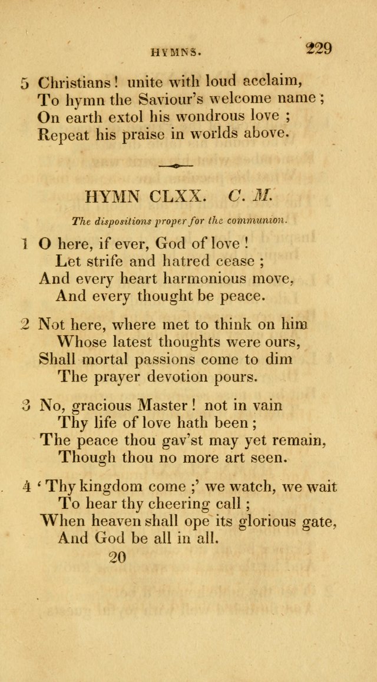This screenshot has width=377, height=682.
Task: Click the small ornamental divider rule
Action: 176,166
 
